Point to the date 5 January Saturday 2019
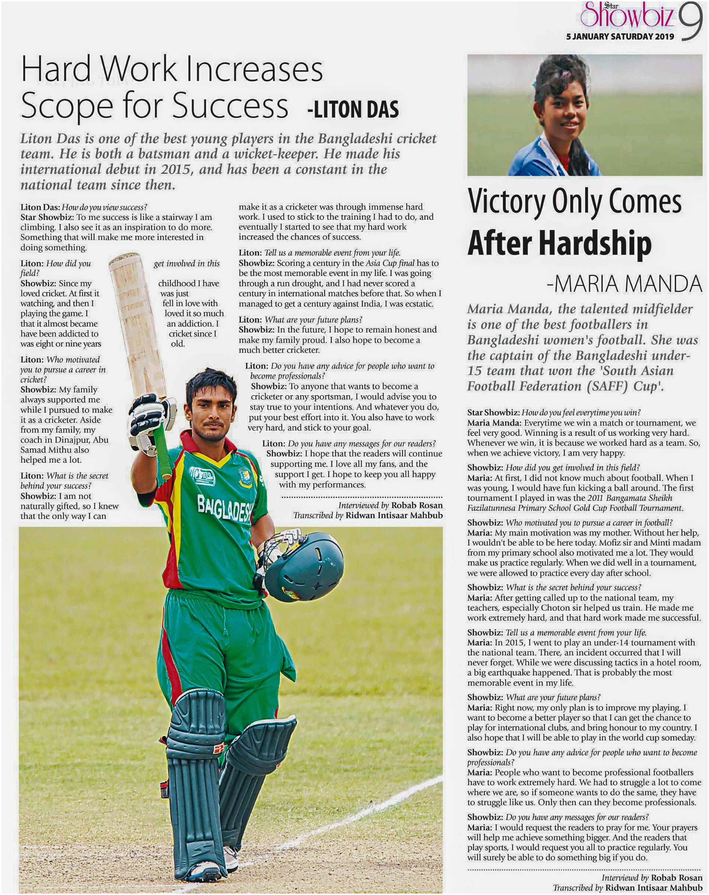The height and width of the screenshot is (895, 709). click(x=620, y=36)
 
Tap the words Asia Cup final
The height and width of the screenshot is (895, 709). click(x=390, y=263)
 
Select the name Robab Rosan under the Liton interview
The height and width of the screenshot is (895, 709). click(x=416, y=505)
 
